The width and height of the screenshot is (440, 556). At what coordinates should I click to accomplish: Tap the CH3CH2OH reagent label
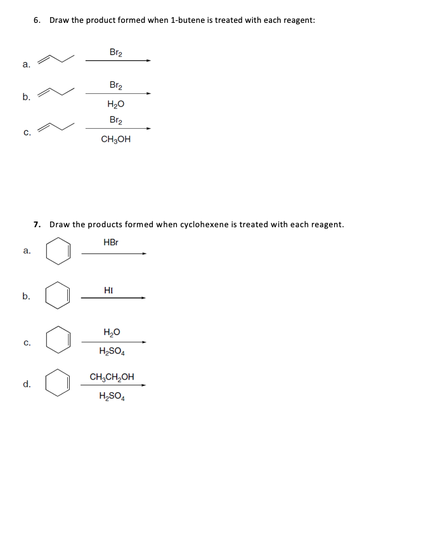click(x=112, y=377)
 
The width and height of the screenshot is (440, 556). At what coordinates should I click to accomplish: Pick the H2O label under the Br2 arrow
click(x=116, y=105)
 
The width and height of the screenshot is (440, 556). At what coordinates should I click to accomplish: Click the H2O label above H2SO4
click(x=112, y=332)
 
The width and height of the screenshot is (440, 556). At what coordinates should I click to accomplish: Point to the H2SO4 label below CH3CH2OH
click(x=112, y=398)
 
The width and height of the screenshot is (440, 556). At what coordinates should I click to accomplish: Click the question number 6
click(x=37, y=20)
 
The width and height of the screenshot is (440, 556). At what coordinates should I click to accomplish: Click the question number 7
click(x=37, y=224)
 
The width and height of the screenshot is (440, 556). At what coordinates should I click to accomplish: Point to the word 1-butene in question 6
click(x=187, y=20)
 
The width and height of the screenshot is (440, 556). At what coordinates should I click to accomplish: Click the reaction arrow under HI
click(x=113, y=297)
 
